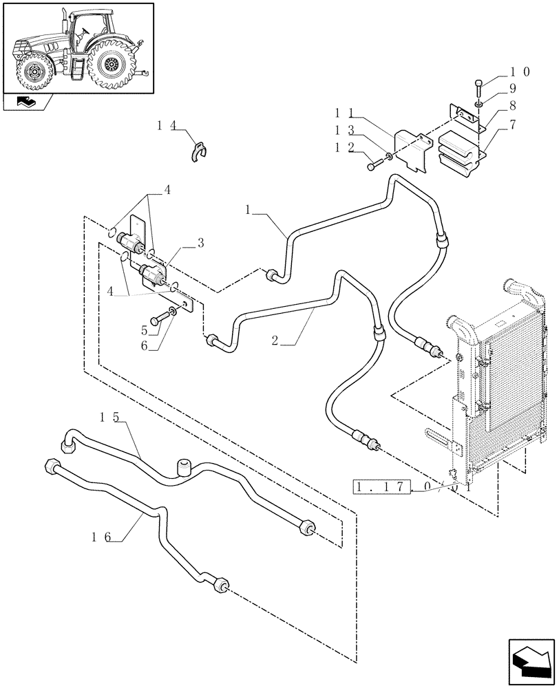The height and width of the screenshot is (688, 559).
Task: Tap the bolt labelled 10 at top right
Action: click(478, 89)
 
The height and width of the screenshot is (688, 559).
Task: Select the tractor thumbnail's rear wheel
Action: click(110, 65)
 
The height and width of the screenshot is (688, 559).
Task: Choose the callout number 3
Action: click(200, 241)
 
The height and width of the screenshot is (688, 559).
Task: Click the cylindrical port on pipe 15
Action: click(184, 467)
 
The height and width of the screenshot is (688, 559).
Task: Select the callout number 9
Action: click(512, 88)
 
